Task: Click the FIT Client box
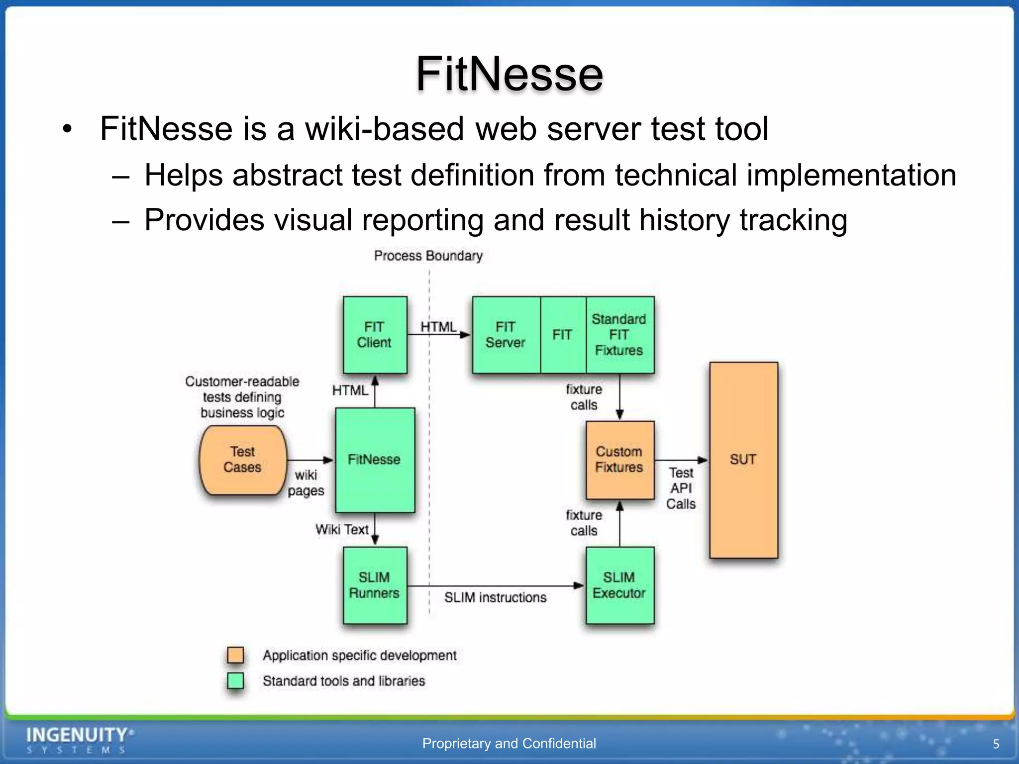pos(375,335)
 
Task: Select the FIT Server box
pos(506,335)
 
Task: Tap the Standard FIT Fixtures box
pos(619,335)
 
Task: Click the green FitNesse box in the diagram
pos(375,460)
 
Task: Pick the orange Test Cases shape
pos(242,460)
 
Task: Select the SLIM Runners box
pos(375,585)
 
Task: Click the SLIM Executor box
pos(619,585)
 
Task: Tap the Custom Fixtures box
pos(619,460)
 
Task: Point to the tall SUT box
pos(743,460)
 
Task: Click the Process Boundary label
pos(428,256)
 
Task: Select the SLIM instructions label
pos(495,597)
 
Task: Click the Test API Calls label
pos(681,488)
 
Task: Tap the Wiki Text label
pos(342,530)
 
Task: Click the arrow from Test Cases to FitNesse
pos(309,460)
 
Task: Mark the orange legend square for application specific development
pos(235,655)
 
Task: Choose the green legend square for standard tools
pos(235,680)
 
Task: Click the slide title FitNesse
pos(509,74)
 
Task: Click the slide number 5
pos(996,744)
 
